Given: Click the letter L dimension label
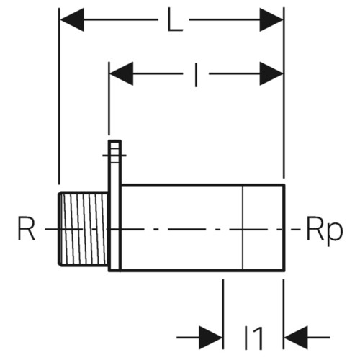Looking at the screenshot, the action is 175,19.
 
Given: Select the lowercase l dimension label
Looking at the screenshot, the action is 197,75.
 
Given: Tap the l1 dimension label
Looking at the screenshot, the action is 253,337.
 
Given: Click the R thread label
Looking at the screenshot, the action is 27,228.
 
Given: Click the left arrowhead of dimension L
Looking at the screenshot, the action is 72,19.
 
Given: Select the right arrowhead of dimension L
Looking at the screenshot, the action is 271,19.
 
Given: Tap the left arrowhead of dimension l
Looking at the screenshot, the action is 122,73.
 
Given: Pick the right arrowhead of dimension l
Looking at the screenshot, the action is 271,73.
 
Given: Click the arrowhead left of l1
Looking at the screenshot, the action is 211,338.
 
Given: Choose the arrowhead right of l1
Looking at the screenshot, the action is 296,338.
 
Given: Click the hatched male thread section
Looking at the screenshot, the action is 83,229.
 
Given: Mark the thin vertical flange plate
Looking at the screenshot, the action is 114,206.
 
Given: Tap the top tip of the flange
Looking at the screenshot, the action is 114,141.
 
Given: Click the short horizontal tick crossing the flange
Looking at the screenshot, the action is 114,156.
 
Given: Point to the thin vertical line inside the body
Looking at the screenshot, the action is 243,228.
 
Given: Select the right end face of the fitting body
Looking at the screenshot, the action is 284,228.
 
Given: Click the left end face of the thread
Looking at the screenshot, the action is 59,229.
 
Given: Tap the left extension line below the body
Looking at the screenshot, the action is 223,314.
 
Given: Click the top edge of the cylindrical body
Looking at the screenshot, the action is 203,185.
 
